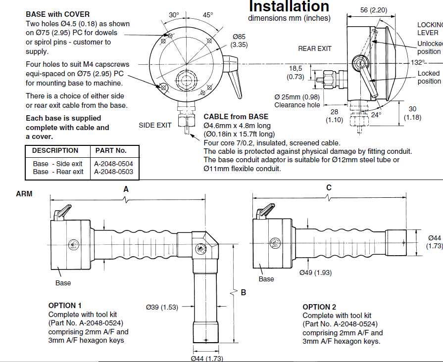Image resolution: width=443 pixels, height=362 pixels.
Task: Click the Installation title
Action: (289, 6)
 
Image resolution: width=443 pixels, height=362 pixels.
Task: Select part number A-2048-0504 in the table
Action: (113, 164)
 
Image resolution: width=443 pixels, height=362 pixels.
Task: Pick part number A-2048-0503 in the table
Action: (113, 172)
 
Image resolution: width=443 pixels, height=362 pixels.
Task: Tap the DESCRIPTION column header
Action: (55, 150)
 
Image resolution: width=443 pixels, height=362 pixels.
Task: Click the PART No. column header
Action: (111, 150)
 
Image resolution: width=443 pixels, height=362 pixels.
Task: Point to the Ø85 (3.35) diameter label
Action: (240, 41)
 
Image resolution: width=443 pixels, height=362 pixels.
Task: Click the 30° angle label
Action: (174, 15)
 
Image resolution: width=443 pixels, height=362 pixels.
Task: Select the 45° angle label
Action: (207, 15)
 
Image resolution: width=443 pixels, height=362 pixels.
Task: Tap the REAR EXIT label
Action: (315, 48)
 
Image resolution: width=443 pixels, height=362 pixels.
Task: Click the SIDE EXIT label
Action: (155, 125)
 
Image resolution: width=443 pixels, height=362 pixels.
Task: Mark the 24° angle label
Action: (377, 115)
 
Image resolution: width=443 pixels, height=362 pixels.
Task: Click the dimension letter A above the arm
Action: (126, 189)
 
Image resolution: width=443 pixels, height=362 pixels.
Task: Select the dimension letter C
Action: (329, 188)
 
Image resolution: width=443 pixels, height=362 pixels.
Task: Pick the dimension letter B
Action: (243, 293)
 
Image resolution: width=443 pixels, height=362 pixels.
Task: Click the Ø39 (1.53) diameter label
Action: (162, 307)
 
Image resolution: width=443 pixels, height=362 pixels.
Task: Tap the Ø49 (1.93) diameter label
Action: (315, 272)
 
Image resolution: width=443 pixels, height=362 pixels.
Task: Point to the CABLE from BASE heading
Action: (236, 117)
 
